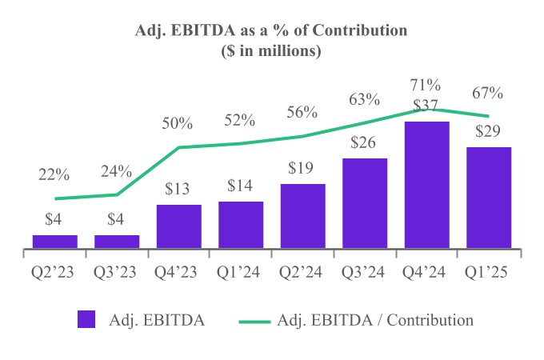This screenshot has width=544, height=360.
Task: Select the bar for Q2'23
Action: pyautogui.click(x=54, y=242)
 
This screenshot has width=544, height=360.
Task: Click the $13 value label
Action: pyautogui.click(x=178, y=190)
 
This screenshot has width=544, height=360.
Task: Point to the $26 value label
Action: pyautogui.click(x=365, y=143)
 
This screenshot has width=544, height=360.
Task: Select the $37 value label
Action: pyautogui.click(x=426, y=106)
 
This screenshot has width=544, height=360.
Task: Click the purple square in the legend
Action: pyautogui.click(x=87, y=319)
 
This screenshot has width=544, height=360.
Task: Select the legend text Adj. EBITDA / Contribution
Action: pyautogui.click(x=374, y=320)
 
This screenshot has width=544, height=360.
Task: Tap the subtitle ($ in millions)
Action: pyautogui.click(x=271, y=51)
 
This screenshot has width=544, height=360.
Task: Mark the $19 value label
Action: pyautogui.click(x=302, y=169)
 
